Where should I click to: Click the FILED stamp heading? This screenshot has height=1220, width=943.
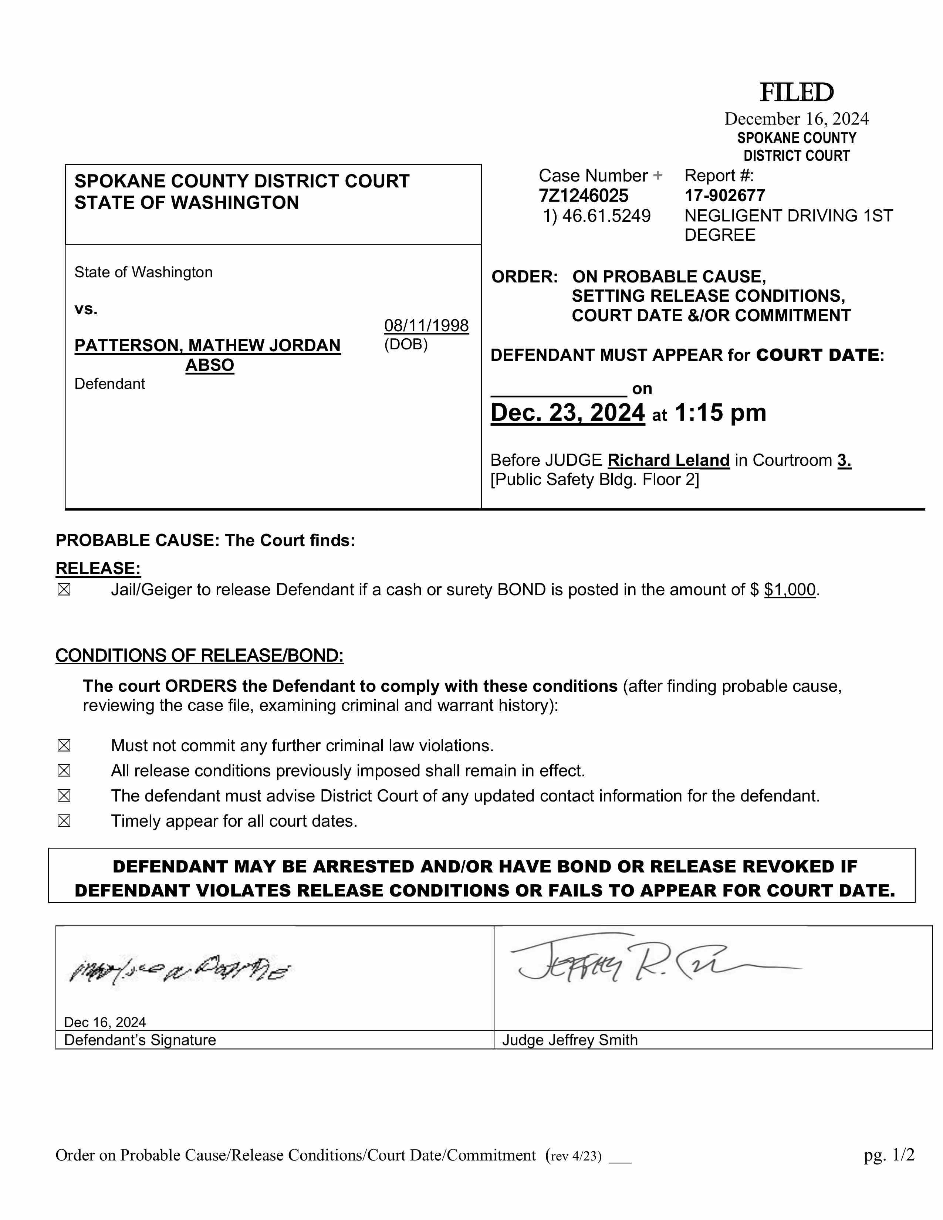(x=796, y=93)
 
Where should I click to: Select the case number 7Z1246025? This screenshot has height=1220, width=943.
(x=583, y=196)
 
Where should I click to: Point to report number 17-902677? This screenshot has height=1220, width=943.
(x=724, y=196)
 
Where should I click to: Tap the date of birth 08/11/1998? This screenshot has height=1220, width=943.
(x=426, y=326)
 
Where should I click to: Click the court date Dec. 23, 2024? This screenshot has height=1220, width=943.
(x=568, y=413)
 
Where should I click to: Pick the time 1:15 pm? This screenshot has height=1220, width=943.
(x=720, y=413)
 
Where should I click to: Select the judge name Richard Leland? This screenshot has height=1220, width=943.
(x=668, y=460)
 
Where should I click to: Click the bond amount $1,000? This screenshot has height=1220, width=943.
(x=790, y=590)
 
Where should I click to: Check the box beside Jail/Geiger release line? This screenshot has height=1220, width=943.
(x=64, y=590)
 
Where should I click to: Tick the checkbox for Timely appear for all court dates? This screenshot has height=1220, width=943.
(x=64, y=821)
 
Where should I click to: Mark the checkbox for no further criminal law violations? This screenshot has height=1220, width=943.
(x=64, y=746)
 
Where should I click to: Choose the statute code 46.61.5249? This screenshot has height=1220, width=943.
(x=606, y=216)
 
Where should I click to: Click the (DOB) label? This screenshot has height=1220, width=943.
(x=406, y=344)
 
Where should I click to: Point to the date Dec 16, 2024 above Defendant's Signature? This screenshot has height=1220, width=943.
(x=105, y=1022)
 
